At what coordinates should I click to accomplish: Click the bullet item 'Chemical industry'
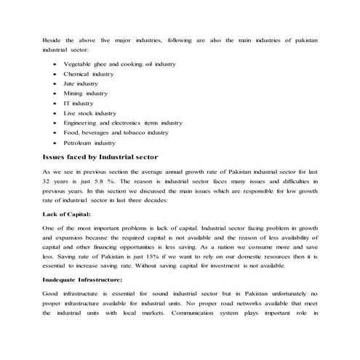[x=89, y=74]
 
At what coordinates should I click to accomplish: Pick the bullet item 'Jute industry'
[x=81, y=84]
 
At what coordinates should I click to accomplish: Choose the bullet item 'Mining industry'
[x=85, y=94]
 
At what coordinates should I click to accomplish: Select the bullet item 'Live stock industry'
[x=89, y=113]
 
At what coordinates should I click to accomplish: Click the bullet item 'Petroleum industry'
[x=89, y=143]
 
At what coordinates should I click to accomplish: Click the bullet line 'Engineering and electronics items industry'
[x=123, y=124]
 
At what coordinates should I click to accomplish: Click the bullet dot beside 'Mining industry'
[x=56, y=94]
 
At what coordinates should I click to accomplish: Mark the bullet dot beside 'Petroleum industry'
[x=56, y=143]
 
